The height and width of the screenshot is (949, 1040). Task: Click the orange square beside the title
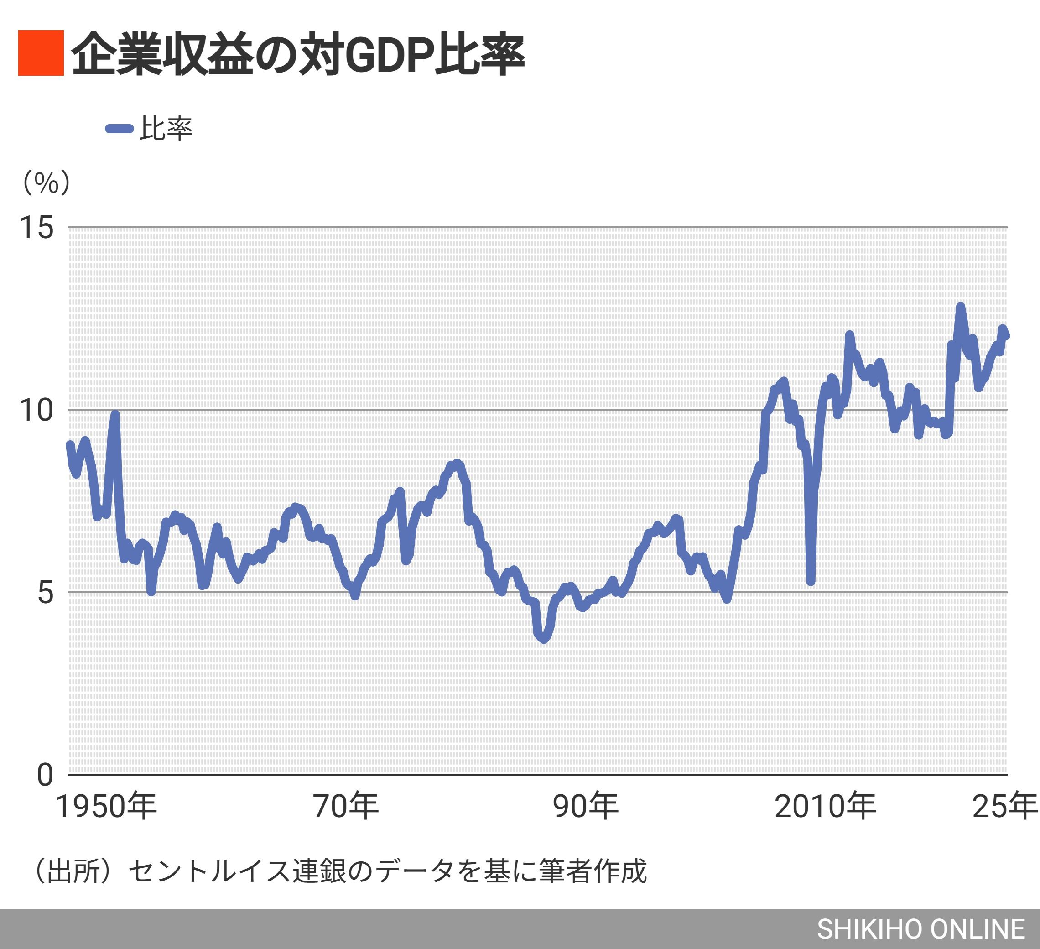[41, 53]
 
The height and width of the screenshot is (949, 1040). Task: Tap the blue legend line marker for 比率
[120, 129]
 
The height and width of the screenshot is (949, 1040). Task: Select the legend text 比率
[166, 128]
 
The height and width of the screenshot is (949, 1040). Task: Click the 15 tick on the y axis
[36, 228]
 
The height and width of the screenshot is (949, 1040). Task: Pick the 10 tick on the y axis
[36, 411]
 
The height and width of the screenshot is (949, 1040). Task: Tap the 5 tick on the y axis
[46, 593]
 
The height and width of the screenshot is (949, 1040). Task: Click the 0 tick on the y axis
[46, 775]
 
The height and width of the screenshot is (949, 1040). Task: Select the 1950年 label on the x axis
[106, 807]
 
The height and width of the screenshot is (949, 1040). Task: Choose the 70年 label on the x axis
[346, 807]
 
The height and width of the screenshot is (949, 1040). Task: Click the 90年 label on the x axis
[586, 807]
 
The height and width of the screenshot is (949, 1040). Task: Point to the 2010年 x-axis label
[825, 807]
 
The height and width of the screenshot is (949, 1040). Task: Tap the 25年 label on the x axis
[1004, 807]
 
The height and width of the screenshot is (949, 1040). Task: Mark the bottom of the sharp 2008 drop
[811, 582]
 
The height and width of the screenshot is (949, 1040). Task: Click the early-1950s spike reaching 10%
[115, 414]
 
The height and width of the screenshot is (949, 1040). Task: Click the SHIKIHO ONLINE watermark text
[920, 929]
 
